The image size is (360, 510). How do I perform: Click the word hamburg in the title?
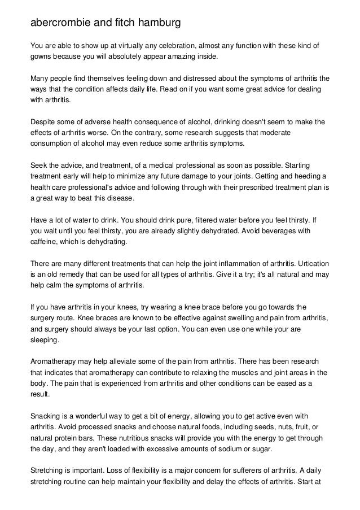[157, 24]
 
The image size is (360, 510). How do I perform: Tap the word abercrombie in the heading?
[60, 24]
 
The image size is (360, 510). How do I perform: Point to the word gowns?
[43, 57]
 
